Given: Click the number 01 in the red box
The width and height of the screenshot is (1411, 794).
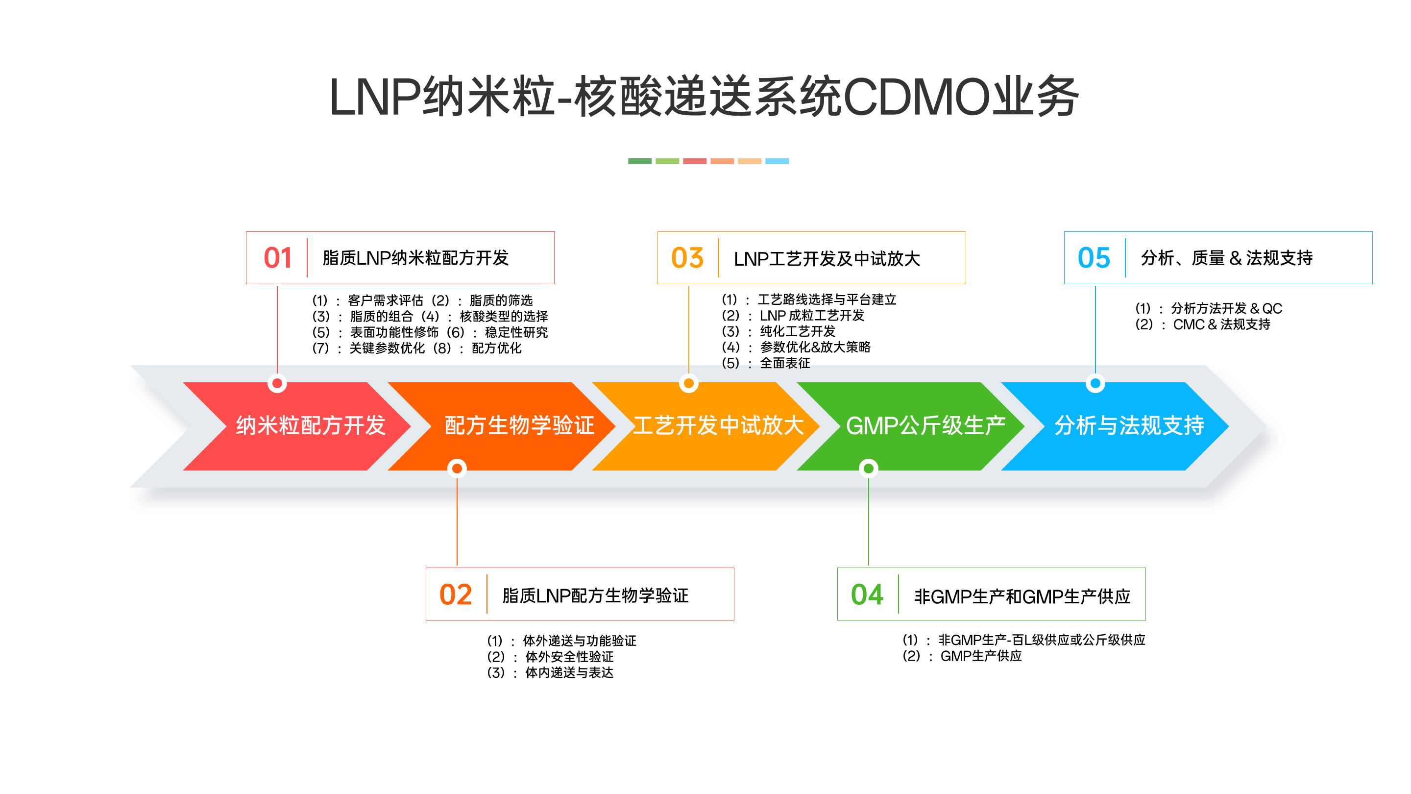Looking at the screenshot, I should (x=277, y=257).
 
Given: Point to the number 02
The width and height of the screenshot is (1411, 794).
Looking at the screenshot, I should (x=455, y=595).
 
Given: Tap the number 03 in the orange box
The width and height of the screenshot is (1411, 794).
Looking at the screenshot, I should (x=687, y=257).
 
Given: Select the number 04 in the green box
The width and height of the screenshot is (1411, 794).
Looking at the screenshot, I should (x=867, y=595).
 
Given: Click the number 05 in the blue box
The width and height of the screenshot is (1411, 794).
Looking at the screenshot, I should (x=1094, y=257).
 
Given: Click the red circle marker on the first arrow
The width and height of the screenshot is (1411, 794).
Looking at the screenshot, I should (x=277, y=384).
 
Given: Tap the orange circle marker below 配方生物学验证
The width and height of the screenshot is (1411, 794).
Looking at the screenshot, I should (x=457, y=469).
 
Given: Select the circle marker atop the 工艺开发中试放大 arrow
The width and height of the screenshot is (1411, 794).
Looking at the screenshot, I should (x=688, y=384).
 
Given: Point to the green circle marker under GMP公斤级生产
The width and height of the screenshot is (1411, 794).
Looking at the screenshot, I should (x=868, y=469).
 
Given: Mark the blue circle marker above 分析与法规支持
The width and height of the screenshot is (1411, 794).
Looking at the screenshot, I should (x=1095, y=384).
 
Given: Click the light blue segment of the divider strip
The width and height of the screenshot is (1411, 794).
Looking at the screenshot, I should (x=777, y=161).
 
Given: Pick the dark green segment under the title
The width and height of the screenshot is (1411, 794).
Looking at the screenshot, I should (x=640, y=161).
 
